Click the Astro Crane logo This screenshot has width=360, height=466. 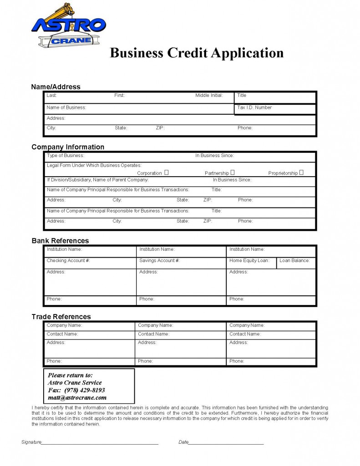[68, 26]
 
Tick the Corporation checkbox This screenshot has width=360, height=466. [167, 172]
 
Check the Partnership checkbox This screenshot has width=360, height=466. [233, 172]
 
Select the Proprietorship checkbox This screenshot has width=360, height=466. [301, 172]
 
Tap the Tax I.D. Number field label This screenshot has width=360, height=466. [254, 108]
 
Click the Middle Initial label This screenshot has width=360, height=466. [209, 96]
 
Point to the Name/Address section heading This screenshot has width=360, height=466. [56, 87]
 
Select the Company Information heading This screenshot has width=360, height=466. [68, 147]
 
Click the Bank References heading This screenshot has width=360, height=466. [60, 241]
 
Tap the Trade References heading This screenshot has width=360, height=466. [61, 317]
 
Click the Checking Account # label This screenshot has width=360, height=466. [68, 261]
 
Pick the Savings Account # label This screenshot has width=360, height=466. [159, 261]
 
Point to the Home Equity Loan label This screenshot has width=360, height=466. [249, 261]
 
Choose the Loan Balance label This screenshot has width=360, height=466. [294, 261]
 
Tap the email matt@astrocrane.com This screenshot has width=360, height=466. [77, 397]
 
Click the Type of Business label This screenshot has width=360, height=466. [66, 156]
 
